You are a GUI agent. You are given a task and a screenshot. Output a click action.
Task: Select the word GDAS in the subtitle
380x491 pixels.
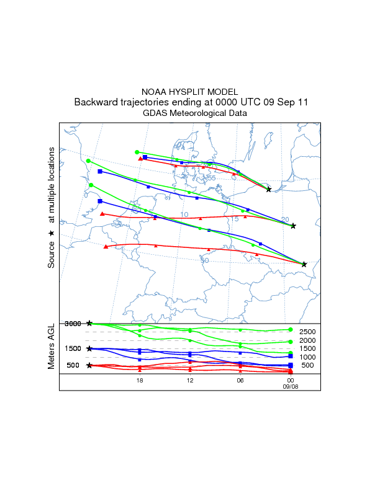point(155,113)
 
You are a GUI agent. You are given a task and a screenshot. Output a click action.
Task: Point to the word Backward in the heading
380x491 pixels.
point(96,102)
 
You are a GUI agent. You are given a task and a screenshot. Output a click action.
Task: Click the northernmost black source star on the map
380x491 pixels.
point(268,189)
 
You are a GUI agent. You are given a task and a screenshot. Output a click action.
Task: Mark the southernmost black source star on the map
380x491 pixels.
point(304,264)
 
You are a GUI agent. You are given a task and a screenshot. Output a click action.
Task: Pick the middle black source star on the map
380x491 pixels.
point(293,226)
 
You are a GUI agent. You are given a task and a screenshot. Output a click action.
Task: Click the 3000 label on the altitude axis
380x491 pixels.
point(73,324)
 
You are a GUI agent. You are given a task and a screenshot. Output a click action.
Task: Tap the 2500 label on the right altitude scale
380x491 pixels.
point(309,332)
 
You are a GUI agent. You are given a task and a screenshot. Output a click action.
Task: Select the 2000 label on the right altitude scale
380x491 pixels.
point(309,341)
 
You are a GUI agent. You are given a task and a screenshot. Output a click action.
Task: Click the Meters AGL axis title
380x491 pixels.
point(52,346)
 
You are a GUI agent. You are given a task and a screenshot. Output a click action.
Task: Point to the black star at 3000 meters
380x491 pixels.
point(90,324)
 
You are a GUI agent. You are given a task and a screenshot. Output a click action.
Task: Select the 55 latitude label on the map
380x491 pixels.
point(211,179)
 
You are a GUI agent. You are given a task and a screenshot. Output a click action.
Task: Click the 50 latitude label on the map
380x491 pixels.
point(204,260)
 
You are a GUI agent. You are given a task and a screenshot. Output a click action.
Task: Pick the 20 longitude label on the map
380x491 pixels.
point(285,220)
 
